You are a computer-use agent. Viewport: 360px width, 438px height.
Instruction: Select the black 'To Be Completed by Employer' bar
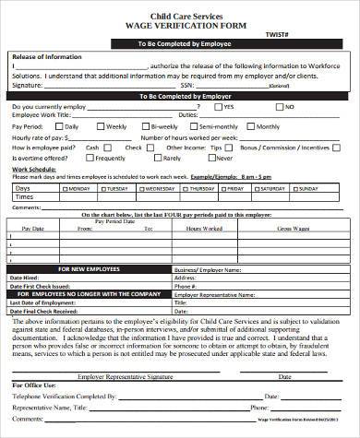[179, 95]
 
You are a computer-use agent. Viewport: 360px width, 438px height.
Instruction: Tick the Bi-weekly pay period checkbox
[142, 126]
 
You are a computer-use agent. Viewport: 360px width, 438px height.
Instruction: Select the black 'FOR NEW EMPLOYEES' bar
[90, 268]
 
